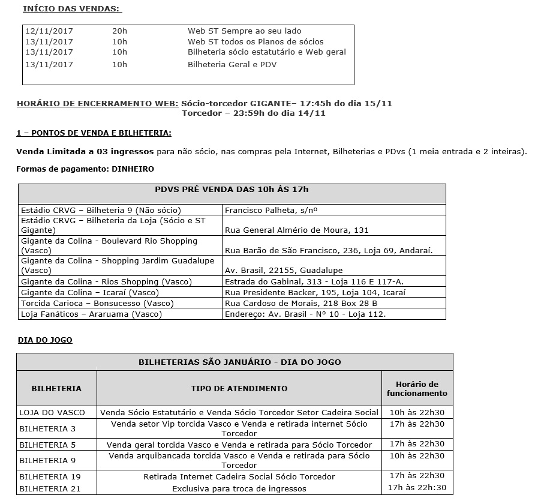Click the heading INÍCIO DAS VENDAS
click(71, 9)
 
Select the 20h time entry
click(119, 31)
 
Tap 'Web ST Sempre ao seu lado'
click(244, 31)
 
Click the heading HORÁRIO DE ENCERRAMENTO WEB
click(97, 103)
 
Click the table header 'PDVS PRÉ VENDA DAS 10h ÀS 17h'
click(232, 190)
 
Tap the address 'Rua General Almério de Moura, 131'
click(296, 230)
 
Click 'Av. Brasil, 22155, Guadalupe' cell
click(284, 271)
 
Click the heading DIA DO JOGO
click(45, 340)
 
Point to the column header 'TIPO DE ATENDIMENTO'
click(239, 389)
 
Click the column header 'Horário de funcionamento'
click(417, 389)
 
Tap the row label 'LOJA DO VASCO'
click(52, 412)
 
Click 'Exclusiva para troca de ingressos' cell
click(239, 488)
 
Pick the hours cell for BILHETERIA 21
click(417, 488)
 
